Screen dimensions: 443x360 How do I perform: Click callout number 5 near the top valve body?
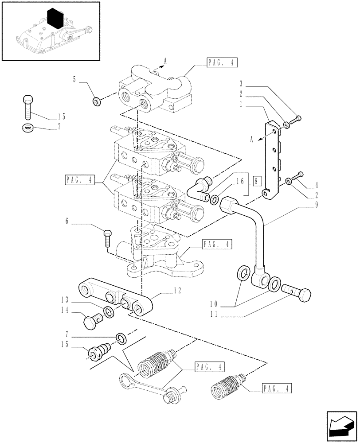(x=74, y=80)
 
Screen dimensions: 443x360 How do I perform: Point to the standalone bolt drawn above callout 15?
(x=27, y=107)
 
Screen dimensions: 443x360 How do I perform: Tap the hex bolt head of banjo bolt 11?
(x=304, y=295)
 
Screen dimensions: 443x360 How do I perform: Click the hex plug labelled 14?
(x=92, y=319)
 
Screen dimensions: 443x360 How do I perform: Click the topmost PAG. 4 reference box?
(x=222, y=63)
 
